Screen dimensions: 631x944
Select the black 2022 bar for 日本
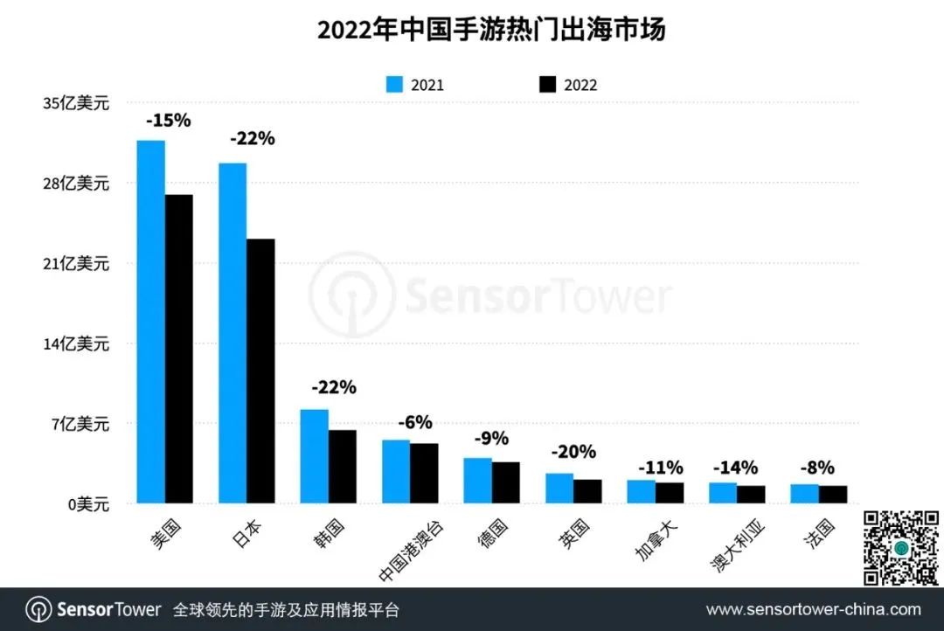(x=260, y=371)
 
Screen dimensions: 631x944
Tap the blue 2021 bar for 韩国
(x=314, y=456)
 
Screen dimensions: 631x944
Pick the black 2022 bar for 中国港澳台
(x=424, y=473)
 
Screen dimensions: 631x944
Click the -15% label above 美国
(x=168, y=121)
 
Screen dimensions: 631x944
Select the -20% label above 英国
(x=573, y=452)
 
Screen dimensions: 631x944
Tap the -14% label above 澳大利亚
(x=736, y=468)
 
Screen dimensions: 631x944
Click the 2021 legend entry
(x=415, y=85)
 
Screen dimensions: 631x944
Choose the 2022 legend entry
(x=568, y=85)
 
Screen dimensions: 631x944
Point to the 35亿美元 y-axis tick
(x=76, y=103)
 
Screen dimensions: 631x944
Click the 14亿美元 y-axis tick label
(x=76, y=343)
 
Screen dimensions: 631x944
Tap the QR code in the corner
(x=900, y=547)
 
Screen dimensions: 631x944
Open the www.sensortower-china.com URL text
(x=813, y=609)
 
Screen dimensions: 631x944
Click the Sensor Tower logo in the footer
(x=94, y=609)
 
